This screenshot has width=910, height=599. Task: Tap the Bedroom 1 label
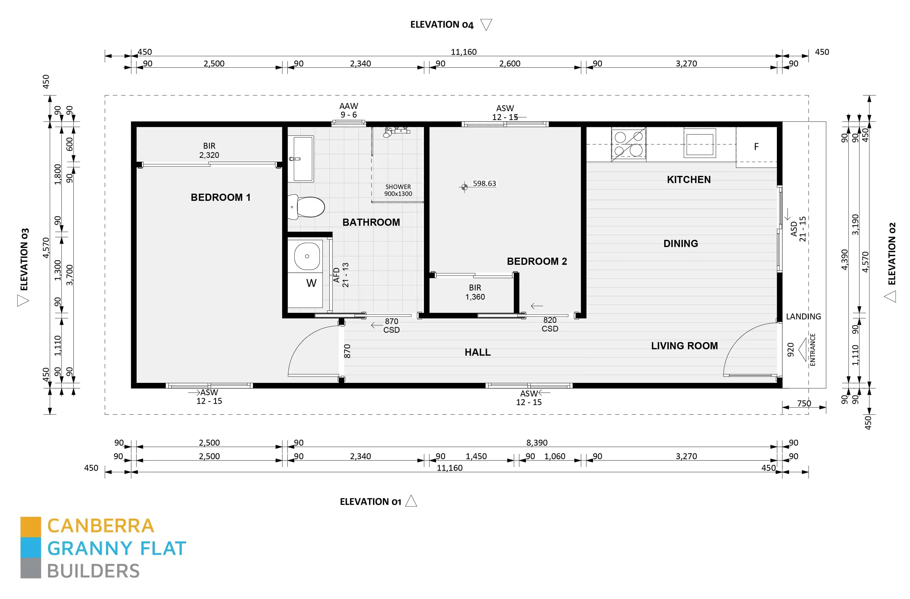221,197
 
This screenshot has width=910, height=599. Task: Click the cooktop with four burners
629,144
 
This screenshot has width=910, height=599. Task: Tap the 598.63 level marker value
484,184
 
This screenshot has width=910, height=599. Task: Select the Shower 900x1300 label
398,190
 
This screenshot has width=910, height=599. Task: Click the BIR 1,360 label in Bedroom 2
475,292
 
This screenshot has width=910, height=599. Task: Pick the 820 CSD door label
550,324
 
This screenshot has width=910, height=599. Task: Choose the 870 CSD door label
392,325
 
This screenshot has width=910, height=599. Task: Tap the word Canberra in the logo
101,526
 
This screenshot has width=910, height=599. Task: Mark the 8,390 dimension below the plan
537,443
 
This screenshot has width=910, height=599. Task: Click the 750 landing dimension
804,403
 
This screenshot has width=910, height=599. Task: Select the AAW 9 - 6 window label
349,110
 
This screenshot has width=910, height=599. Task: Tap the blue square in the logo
31,547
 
